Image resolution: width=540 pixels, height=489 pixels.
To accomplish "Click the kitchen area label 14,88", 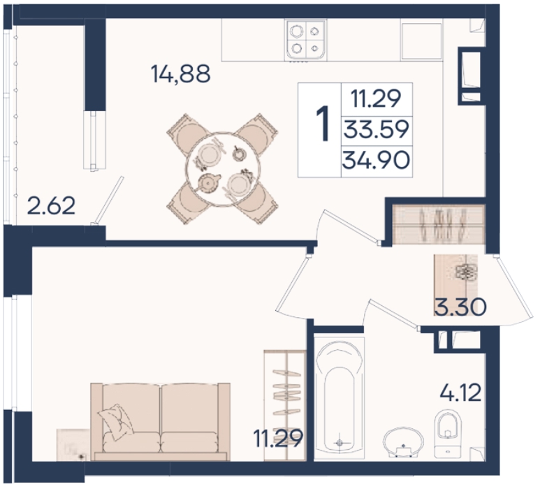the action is click(x=181, y=74).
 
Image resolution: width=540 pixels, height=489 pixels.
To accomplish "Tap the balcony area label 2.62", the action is click(x=51, y=205).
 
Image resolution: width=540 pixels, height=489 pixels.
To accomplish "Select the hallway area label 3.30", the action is click(x=460, y=307).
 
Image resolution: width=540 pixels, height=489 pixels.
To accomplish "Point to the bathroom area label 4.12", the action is click(x=460, y=393).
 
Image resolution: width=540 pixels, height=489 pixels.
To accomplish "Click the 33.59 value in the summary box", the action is click(x=377, y=130).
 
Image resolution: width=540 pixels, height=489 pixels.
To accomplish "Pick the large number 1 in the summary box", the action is click(x=323, y=124).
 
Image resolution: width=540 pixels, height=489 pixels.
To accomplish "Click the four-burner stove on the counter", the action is click(x=305, y=41).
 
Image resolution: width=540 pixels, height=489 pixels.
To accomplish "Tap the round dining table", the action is click(x=222, y=169).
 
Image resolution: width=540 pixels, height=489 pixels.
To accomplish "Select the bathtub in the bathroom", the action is click(x=340, y=398).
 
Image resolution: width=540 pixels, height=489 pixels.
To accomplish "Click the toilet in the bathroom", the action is click(x=448, y=433).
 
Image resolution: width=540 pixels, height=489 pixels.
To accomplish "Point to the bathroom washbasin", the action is click(x=404, y=442).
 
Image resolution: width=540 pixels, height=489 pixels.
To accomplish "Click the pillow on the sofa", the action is click(x=116, y=421).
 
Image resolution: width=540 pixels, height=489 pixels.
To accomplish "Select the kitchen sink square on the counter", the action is click(x=421, y=41).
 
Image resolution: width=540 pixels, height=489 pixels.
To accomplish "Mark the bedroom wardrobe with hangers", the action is click(x=285, y=405).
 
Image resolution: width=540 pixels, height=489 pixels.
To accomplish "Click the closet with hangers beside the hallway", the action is click(x=439, y=224).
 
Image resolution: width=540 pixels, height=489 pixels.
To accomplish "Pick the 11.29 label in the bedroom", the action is click(x=278, y=438).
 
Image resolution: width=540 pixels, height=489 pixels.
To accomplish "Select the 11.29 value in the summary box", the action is click(x=376, y=98).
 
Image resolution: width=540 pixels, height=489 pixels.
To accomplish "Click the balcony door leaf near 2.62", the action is click(x=108, y=200).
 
